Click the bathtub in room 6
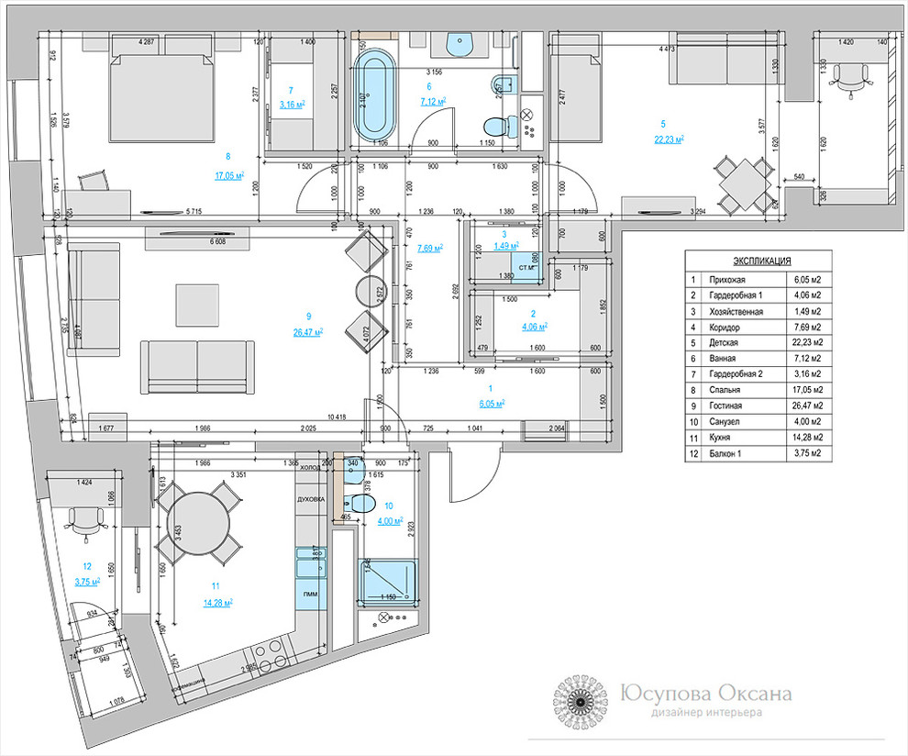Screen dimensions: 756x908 point(374,98)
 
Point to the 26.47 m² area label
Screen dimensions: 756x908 point(306,332)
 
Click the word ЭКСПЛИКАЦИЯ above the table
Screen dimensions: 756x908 point(758,261)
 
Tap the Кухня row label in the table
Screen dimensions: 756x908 point(721,437)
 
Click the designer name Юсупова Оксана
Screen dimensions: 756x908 point(706,695)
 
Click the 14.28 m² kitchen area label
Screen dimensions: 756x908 point(217,603)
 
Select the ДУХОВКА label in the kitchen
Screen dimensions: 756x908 point(311,500)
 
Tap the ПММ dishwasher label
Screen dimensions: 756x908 point(309,595)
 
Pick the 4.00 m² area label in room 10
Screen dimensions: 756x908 point(390,521)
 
